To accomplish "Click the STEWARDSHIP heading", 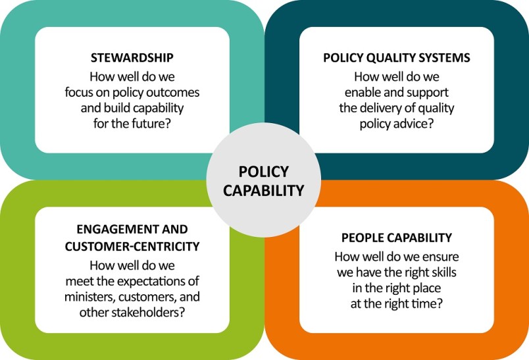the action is (132, 58).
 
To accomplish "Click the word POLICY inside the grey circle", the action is (263, 171).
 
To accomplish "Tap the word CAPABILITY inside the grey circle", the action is (263, 191).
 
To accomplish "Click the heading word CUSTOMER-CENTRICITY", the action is (132, 247).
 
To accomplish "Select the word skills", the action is (442, 272).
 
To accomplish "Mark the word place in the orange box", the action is (426, 288).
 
